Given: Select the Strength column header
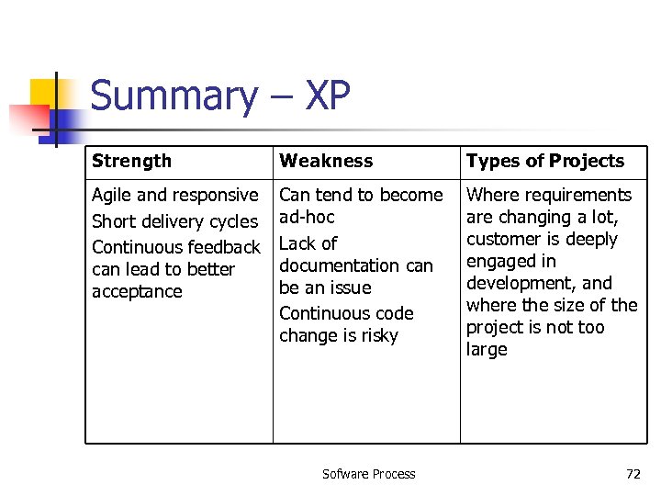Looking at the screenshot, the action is point(131,161).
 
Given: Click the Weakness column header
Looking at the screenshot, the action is point(326,161).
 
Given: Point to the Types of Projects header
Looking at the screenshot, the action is point(545,161).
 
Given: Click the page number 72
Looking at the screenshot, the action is point(633,474).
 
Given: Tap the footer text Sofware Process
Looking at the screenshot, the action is point(368,474).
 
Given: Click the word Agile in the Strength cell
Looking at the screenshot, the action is point(111,195).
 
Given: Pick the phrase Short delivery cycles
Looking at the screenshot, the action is point(174,221).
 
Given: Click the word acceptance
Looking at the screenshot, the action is point(137,291).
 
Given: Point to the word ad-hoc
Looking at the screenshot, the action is point(307,217).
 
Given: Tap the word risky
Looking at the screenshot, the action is point(379,335).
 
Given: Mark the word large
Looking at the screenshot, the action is point(487,349).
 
